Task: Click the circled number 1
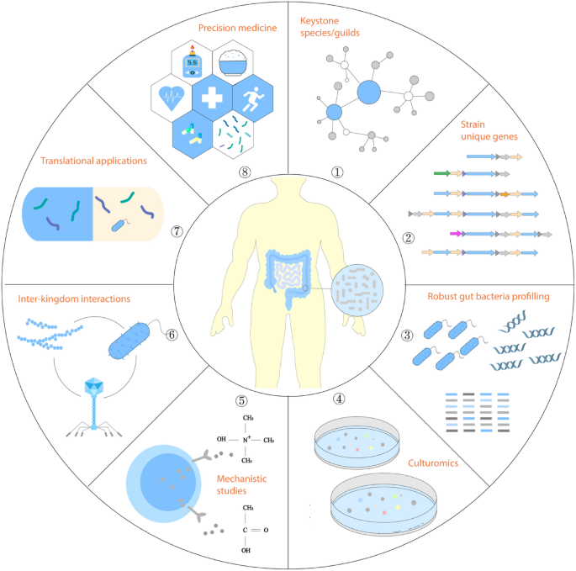pyautogui.click(x=337, y=172)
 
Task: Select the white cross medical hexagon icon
pyautogui.click(x=216, y=99)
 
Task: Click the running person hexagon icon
pyautogui.click(x=255, y=98)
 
